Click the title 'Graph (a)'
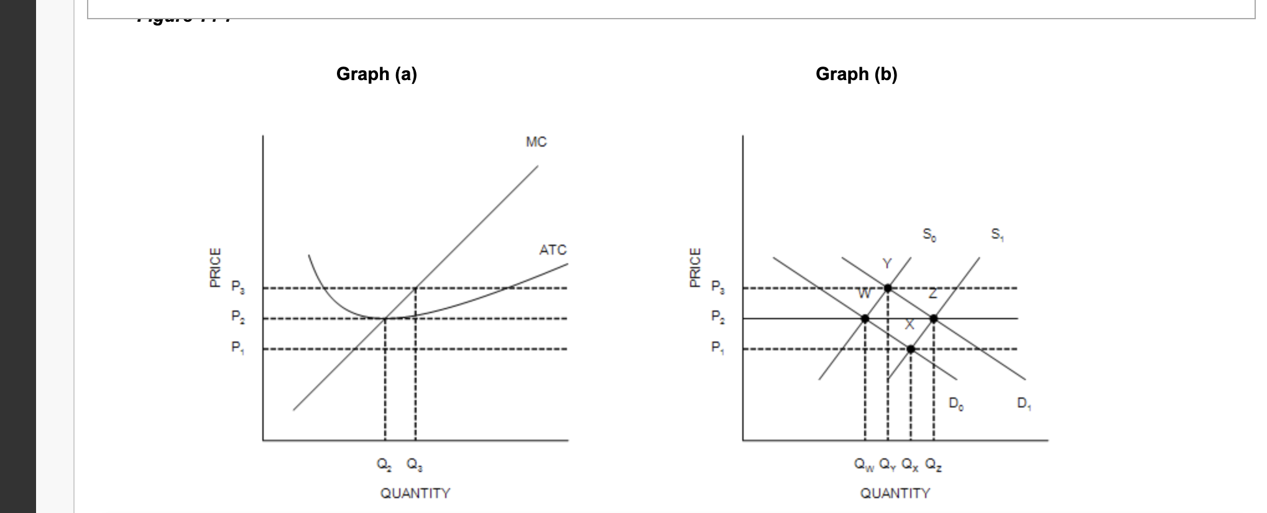click(x=376, y=74)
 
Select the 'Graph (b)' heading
click(x=856, y=74)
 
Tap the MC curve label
click(x=536, y=142)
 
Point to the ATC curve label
click(x=553, y=250)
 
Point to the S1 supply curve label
click(x=997, y=235)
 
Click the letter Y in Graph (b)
click(x=887, y=264)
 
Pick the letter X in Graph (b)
click(x=910, y=324)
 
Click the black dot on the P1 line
click(x=911, y=349)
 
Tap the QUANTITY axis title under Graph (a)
click(x=415, y=493)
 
